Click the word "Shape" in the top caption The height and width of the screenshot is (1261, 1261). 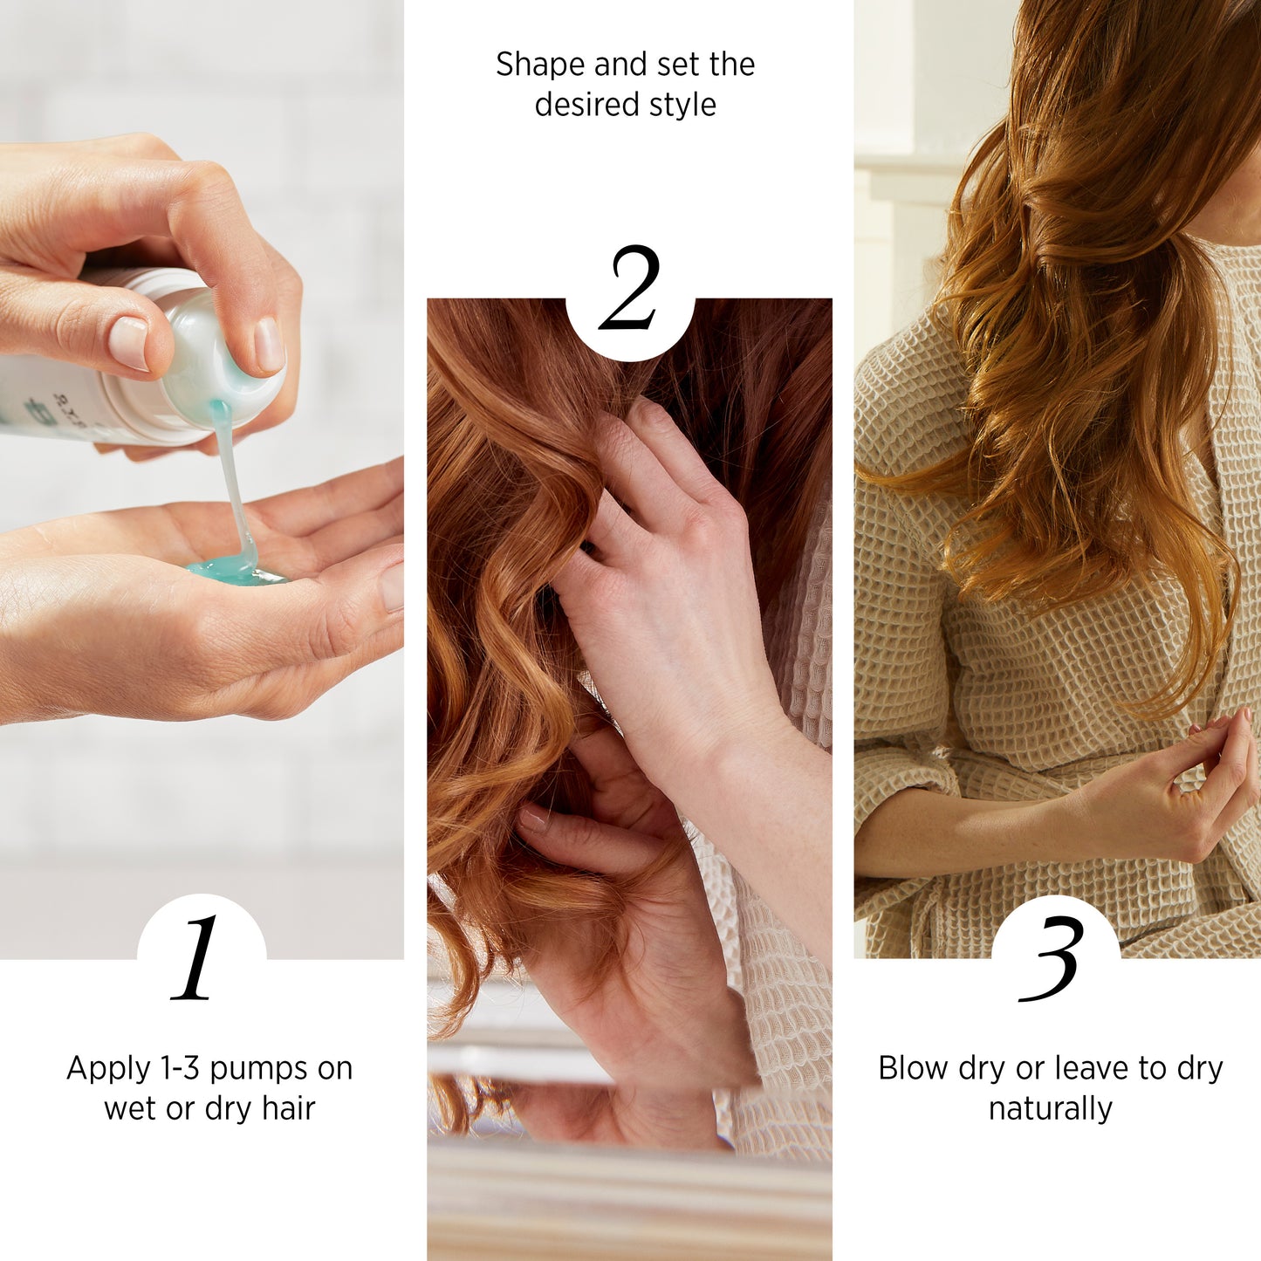pyautogui.click(x=540, y=65)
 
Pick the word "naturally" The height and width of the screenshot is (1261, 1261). pyautogui.click(x=1051, y=1111)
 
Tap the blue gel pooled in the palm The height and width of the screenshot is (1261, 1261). pyautogui.click(x=236, y=572)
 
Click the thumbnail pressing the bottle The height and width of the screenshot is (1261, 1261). pyautogui.click(x=129, y=342)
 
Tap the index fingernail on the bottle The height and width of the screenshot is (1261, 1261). pyautogui.click(x=269, y=345)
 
